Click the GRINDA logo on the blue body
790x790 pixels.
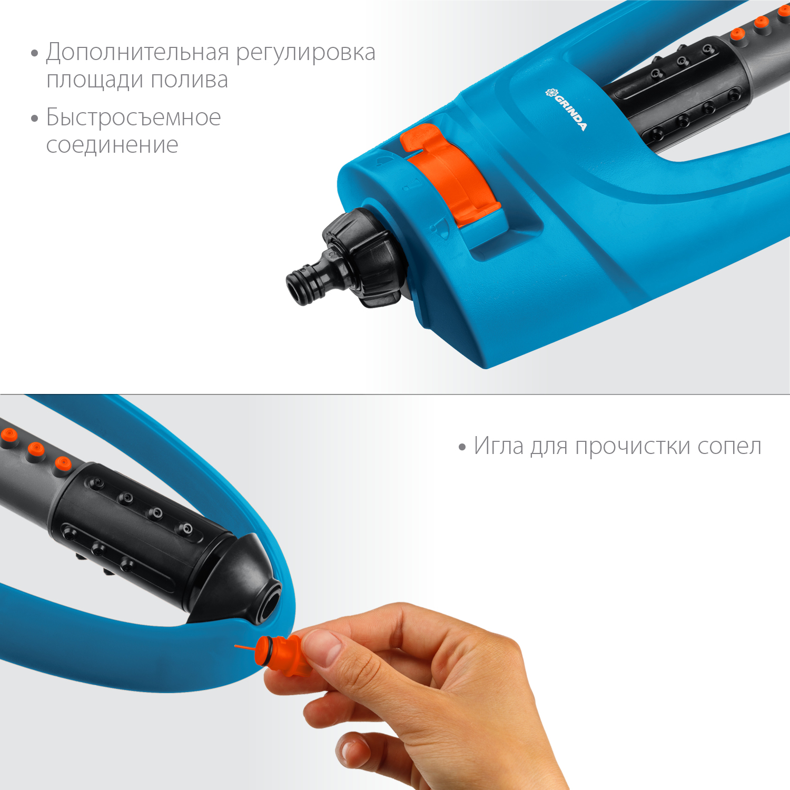tap(566, 109)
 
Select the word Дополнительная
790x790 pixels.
tap(138, 53)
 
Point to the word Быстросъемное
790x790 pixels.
tap(133, 117)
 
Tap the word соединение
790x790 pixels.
tap(112, 145)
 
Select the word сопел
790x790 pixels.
tap(729, 447)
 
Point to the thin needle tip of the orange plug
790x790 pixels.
tap(236, 645)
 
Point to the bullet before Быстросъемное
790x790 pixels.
tap(35, 118)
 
